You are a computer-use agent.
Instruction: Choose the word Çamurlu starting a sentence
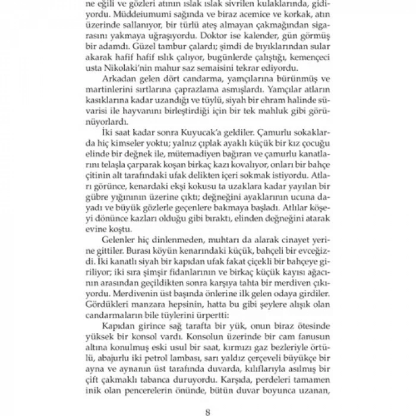pos(269,129)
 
